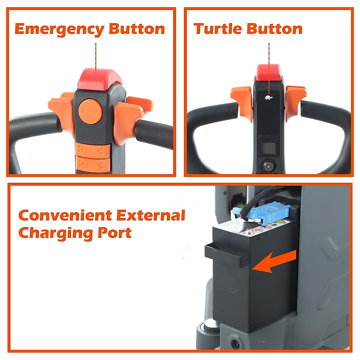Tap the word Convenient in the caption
[x=65, y=215]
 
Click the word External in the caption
[x=151, y=215]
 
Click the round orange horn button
[x=90, y=111]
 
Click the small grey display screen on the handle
[x=268, y=144]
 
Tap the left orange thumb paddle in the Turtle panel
[x=242, y=102]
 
